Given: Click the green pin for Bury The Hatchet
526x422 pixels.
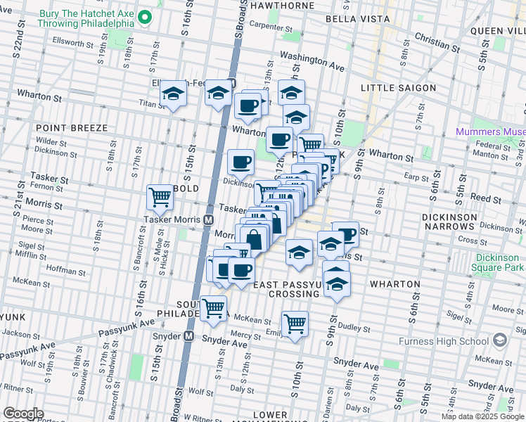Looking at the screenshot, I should [x=146, y=17].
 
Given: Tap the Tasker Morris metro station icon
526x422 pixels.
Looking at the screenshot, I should [x=208, y=219].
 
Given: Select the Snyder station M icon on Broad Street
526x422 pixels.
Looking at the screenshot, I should [x=188, y=336].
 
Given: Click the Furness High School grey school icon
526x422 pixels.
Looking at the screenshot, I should [x=500, y=341].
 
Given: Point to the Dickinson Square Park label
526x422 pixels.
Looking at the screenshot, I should [x=499, y=263].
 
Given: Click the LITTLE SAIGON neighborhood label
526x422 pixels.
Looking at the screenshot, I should [x=398, y=88].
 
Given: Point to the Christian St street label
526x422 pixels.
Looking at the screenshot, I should [x=437, y=42].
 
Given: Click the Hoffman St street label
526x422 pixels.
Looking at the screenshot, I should [x=65, y=269].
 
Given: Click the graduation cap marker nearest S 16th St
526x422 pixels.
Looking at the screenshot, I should [x=173, y=94].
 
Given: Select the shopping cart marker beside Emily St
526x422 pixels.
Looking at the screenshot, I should [x=295, y=324].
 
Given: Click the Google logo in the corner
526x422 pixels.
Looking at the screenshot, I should [x=23, y=414].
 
